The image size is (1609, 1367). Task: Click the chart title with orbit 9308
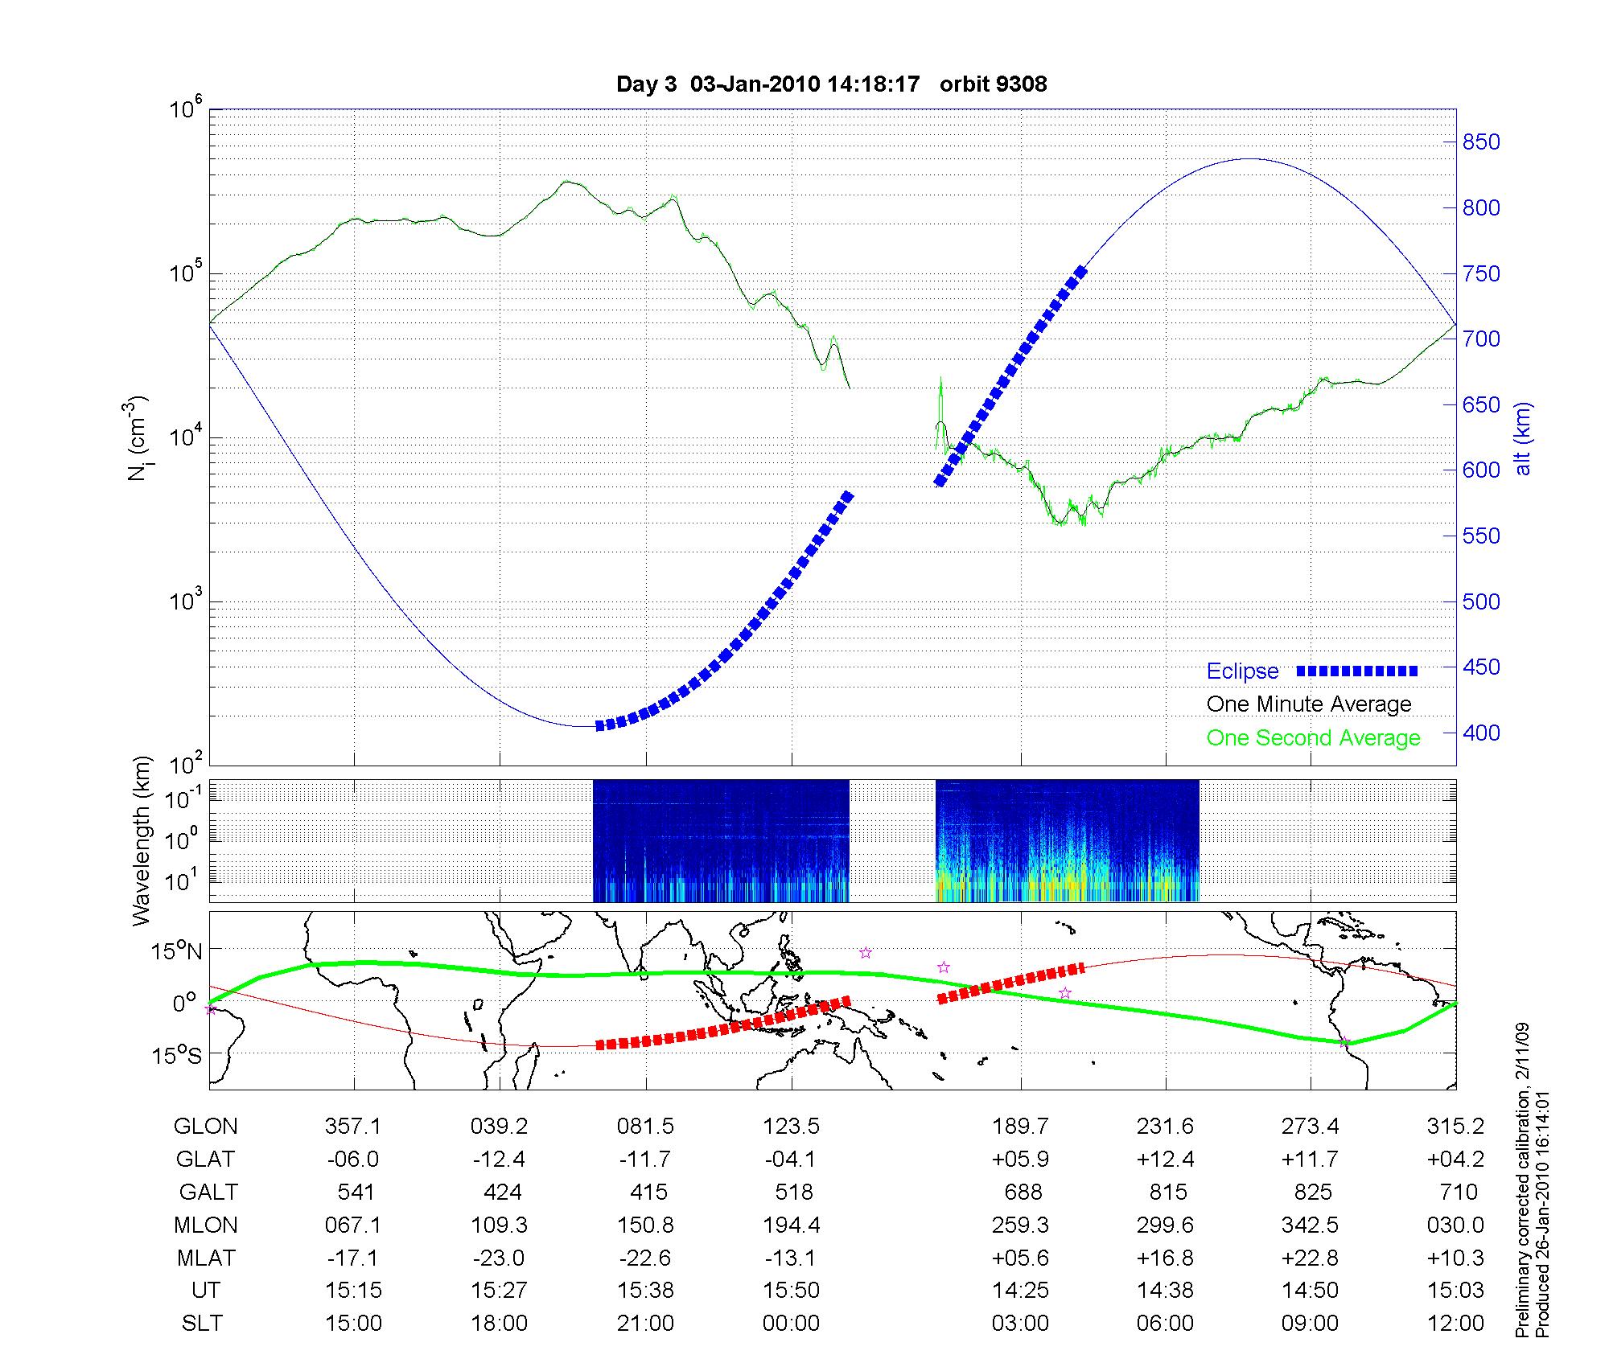(831, 84)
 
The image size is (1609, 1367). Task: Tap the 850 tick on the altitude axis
(1480, 142)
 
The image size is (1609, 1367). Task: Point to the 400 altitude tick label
(1480, 733)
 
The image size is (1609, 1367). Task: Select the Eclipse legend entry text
(1242, 671)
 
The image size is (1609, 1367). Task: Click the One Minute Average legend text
(1309, 704)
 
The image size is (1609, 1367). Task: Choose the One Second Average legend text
(1313, 738)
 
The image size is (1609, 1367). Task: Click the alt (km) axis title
(1523, 438)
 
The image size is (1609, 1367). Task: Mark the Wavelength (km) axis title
(142, 840)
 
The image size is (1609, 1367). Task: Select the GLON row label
(205, 1127)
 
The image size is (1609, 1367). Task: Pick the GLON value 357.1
(353, 1127)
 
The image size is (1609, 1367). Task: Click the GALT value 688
(1023, 1192)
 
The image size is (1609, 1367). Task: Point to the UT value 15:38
(645, 1291)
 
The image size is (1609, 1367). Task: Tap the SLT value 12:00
(1456, 1324)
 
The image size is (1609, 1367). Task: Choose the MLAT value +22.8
(1311, 1258)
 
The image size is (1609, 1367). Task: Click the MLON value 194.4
(792, 1225)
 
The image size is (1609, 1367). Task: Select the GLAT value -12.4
(499, 1160)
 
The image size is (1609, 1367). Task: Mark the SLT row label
(202, 1324)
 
